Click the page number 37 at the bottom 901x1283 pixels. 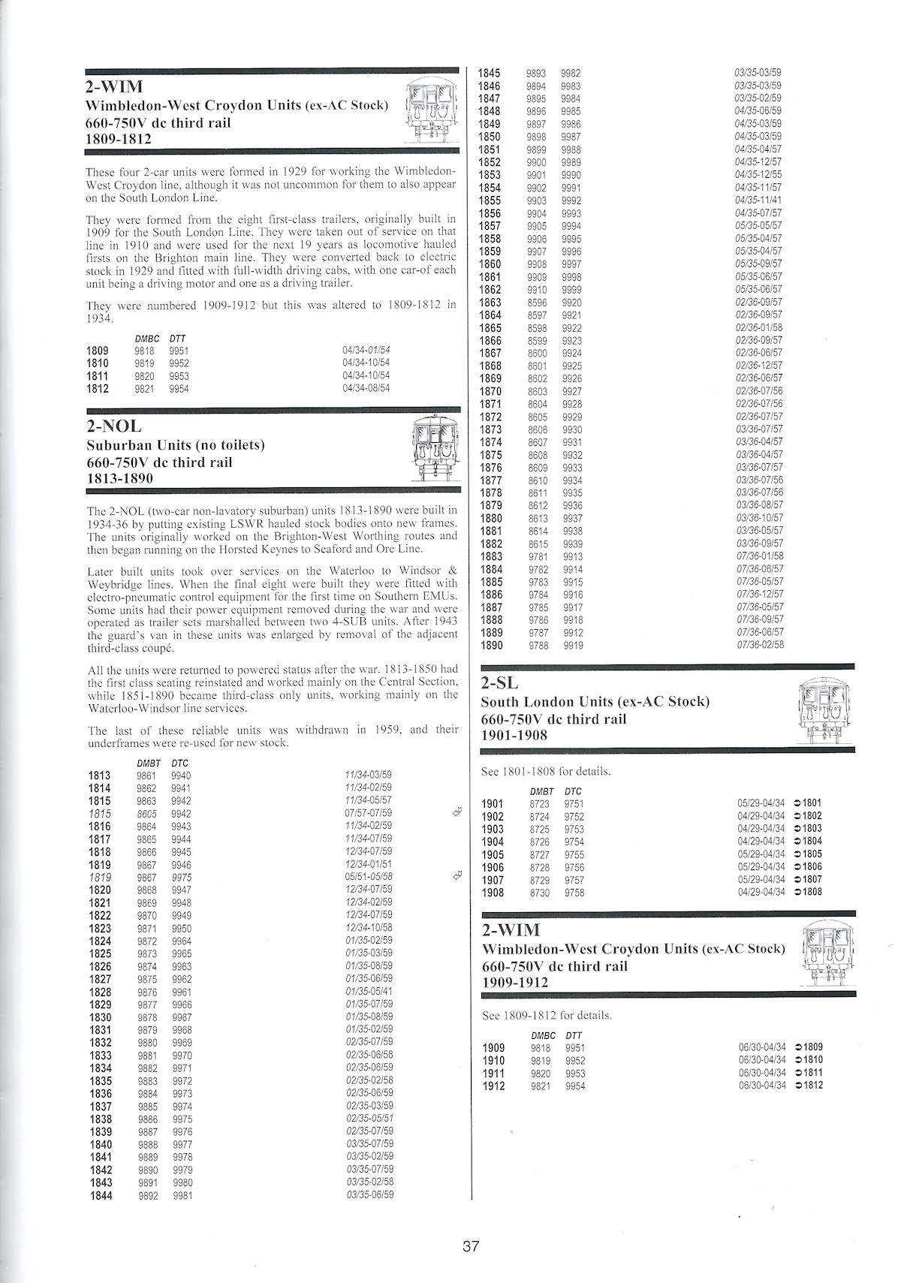coord(471,1247)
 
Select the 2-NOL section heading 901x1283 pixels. coord(114,428)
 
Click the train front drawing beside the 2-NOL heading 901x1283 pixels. coord(435,450)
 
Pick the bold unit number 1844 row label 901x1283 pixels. coord(101,1195)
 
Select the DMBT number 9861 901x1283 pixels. coord(146,776)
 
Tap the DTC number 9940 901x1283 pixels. coord(181,776)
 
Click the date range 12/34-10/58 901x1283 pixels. coord(369,928)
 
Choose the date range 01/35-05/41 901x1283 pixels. coord(369,992)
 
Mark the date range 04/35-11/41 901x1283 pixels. coord(758,200)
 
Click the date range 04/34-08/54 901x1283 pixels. coord(366,388)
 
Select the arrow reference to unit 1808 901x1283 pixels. coord(807,892)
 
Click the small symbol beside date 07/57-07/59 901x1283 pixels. coord(454,812)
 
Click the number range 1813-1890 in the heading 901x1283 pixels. coord(119,478)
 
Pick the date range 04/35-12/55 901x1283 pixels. coord(758,175)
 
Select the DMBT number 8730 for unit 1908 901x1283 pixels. coord(540,893)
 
